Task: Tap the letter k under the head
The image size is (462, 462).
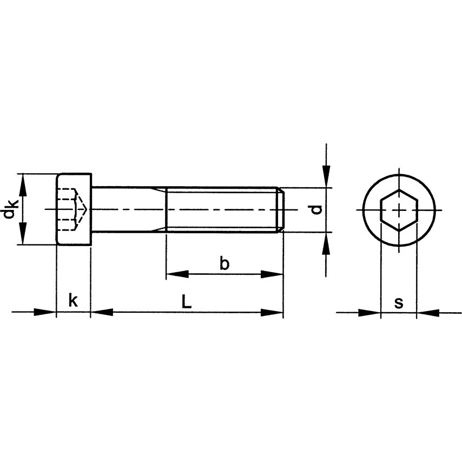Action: (73, 301)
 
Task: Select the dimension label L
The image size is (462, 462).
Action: (186, 302)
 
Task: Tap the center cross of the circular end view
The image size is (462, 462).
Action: (399, 210)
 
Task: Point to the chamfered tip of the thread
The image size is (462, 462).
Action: (280, 210)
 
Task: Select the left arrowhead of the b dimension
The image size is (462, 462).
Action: (176, 274)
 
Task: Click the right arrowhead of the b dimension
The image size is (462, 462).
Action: (273, 274)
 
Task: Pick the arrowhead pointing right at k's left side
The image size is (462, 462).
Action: (45, 312)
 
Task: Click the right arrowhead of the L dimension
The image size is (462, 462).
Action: (273, 312)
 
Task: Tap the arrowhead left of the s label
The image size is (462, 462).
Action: (370, 312)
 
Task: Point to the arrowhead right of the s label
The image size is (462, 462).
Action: (428, 312)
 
